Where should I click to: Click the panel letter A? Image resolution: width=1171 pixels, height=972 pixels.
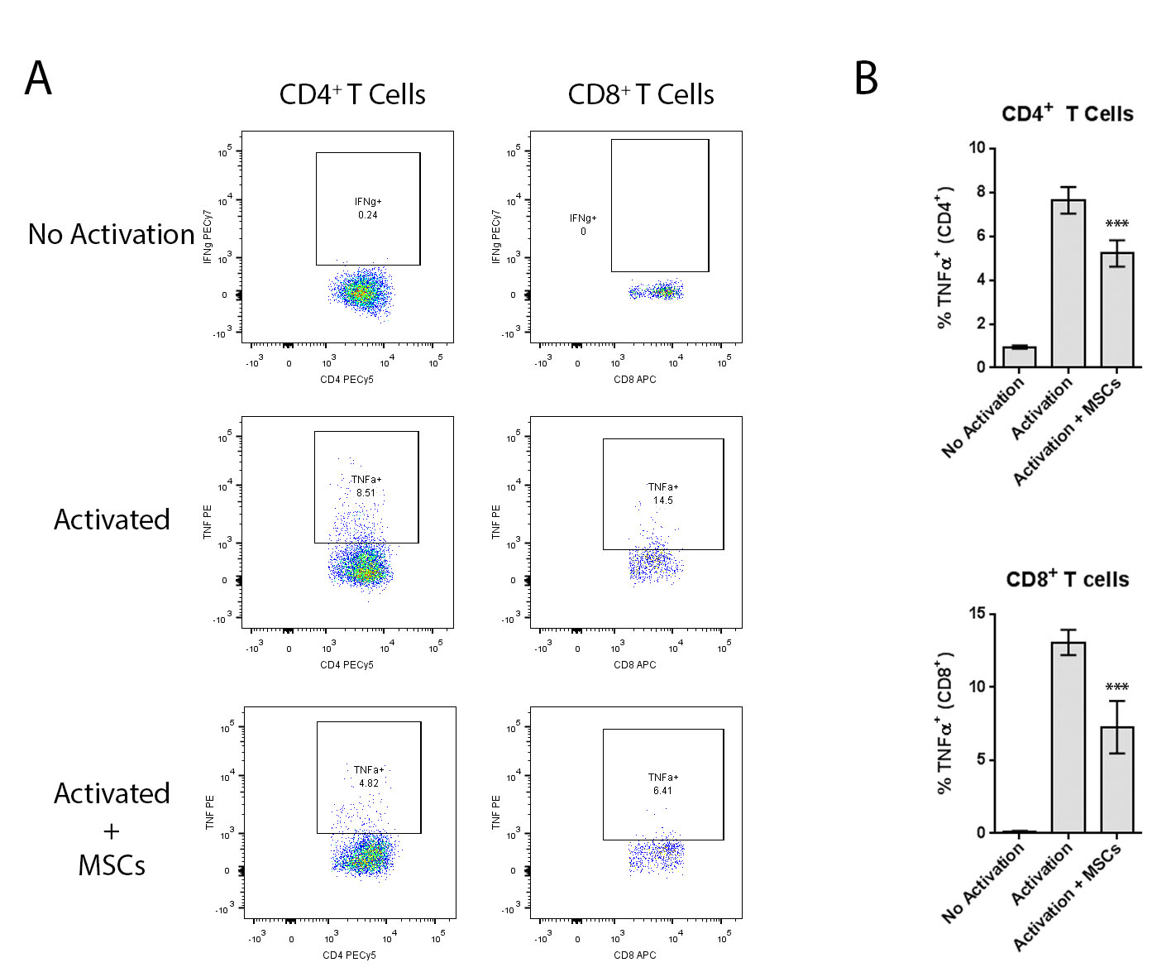pos(38,79)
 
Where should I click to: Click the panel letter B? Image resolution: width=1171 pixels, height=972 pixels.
pos(866,79)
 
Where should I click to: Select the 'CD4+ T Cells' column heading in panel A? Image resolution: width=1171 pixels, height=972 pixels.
pos(352,94)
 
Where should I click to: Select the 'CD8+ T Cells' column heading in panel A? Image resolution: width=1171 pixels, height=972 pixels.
pos(641,94)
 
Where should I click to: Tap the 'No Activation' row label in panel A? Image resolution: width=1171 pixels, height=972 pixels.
pos(111,234)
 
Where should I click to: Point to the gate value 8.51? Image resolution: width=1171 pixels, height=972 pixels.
pos(366,493)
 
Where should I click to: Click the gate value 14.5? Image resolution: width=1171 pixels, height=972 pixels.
pos(662,500)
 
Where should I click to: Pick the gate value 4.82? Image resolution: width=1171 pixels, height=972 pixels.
pos(368,783)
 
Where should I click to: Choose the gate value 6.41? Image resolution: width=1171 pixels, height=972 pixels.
pos(662,791)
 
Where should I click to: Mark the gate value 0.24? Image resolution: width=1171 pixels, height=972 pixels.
pos(368,215)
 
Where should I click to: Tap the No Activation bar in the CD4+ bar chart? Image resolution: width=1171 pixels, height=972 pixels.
pos(1019,357)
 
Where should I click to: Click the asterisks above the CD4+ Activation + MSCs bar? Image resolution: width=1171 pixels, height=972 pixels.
pos(1116,224)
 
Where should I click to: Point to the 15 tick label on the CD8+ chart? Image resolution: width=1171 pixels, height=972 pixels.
pos(977,614)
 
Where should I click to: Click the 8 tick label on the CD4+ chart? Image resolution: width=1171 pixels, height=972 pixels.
pos(981,192)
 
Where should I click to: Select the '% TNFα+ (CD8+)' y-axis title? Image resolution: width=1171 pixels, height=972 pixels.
pos(944,723)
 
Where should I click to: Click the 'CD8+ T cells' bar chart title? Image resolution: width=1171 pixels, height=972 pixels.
pos(1067,579)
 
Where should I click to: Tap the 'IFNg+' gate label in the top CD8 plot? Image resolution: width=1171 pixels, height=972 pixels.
pos(582,218)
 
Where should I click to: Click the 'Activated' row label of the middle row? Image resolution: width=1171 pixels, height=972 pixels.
pos(112,520)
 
